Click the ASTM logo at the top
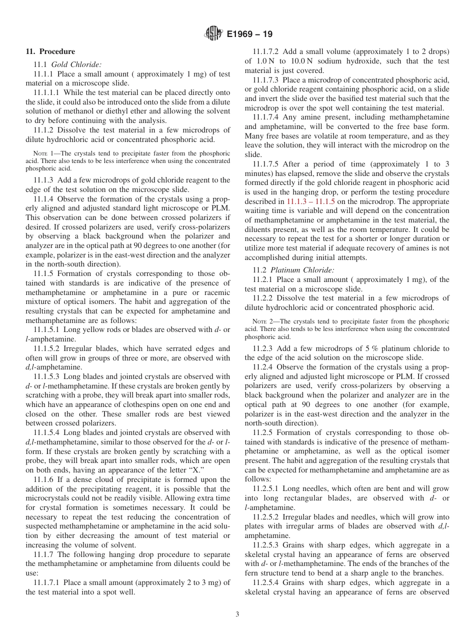click(x=213, y=34)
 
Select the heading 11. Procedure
click(x=50, y=51)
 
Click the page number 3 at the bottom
click(x=237, y=614)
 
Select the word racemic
click(x=217, y=292)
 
